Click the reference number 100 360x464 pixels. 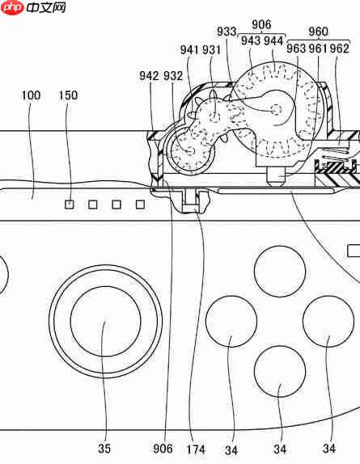point(31,95)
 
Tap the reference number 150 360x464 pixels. point(68,95)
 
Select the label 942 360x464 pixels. point(149,76)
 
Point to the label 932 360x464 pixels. point(173,76)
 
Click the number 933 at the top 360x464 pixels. point(227,32)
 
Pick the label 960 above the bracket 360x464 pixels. point(318,32)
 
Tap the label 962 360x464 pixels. point(339,49)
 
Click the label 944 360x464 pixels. point(273,41)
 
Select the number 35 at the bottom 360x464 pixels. point(104,449)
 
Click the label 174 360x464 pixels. point(196,449)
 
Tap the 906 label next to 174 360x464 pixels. point(163,449)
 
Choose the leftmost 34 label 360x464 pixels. point(231,450)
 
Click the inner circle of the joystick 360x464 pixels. point(106,321)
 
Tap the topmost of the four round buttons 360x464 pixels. point(280,271)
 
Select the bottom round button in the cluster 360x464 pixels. point(280,371)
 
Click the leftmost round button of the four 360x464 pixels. point(231,322)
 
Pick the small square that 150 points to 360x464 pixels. point(70,205)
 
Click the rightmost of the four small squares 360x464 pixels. point(140,205)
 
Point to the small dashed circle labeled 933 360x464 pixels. point(277,109)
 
